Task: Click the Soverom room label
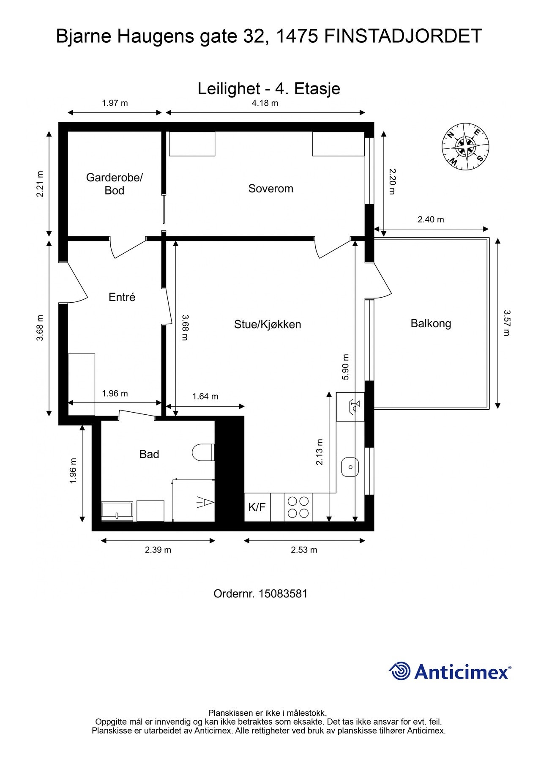[x=270, y=189]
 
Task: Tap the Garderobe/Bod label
[x=115, y=184]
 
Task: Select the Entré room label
[x=122, y=297]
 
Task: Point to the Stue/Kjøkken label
[x=268, y=325]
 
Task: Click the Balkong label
[x=431, y=324]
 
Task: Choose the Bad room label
[x=149, y=454]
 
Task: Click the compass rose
[x=465, y=147]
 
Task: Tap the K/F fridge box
[x=257, y=507]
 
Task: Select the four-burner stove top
[x=298, y=507]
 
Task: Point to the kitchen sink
[x=350, y=467]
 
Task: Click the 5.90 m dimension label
[x=346, y=367]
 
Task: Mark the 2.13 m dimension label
[x=320, y=452]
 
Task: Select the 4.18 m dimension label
[x=265, y=103]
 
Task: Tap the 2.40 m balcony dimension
[x=431, y=219]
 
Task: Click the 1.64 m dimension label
[x=205, y=397]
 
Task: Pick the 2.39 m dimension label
[x=158, y=550]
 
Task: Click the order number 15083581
[x=283, y=594]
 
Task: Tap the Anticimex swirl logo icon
[x=399, y=671]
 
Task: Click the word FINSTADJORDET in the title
[x=403, y=36]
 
